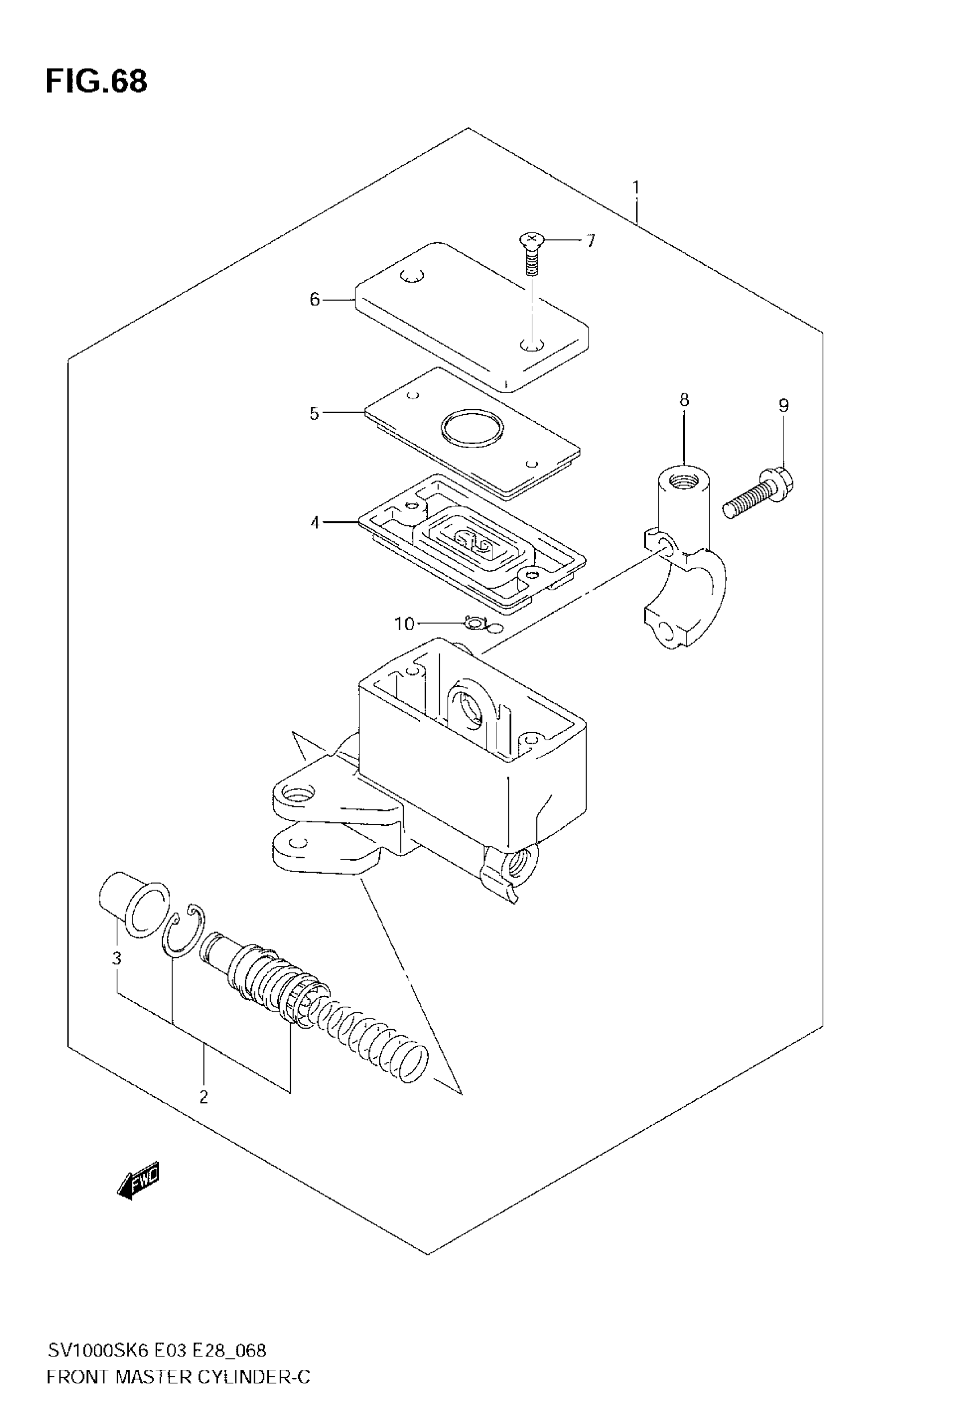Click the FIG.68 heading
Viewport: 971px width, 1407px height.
(x=96, y=81)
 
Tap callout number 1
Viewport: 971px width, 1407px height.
(x=636, y=187)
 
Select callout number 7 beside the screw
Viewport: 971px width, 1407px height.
(x=590, y=241)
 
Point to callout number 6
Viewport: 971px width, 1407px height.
(x=315, y=299)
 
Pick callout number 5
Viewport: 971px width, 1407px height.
(x=314, y=414)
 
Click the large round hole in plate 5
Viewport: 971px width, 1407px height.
(x=472, y=429)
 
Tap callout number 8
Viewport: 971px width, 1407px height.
(x=684, y=400)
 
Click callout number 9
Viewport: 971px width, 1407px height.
(x=784, y=405)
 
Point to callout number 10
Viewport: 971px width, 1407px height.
(x=404, y=624)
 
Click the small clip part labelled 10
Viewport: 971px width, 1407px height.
(x=474, y=622)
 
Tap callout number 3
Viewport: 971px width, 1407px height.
(x=117, y=958)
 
